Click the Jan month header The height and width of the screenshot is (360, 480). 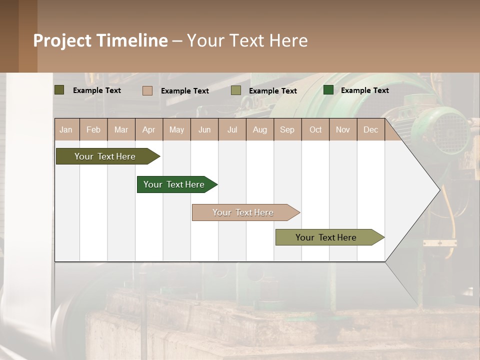(66, 129)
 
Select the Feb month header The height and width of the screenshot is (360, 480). (93, 129)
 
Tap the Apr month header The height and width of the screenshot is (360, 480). (148, 129)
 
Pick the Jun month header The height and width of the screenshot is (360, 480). (204, 129)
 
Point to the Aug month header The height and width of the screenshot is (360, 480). (259, 129)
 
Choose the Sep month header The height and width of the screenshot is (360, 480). (287, 129)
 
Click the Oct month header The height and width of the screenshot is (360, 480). (315, 129)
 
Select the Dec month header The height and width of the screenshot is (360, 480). (370, 129)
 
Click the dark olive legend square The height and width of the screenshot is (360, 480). (59, 90)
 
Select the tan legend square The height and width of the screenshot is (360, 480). (147, 90)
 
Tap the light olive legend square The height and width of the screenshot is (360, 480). (236, 90)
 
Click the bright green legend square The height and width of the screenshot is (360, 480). (328, 90)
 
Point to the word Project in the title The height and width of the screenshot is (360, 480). (62, 40)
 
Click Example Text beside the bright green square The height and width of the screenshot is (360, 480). (364, 90)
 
